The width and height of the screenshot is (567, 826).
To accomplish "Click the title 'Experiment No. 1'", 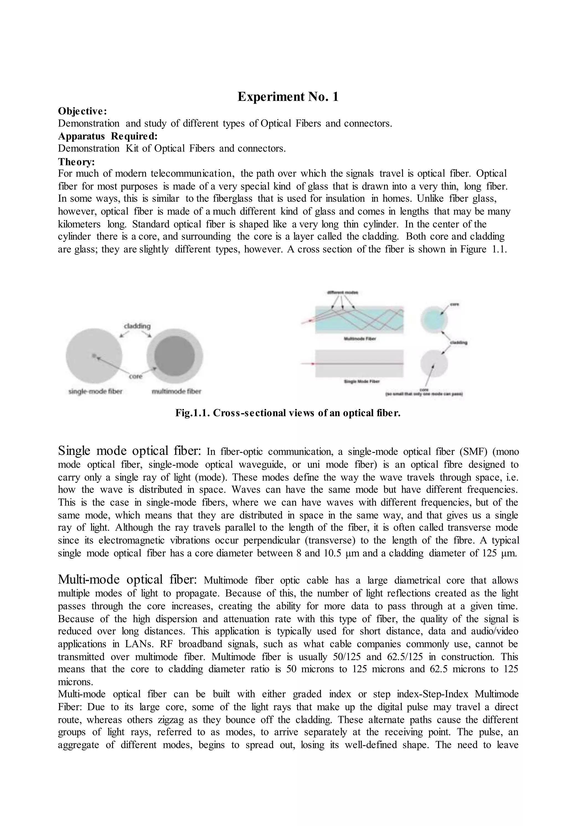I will coord(288,97).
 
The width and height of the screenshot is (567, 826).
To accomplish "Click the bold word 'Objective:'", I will coord(83,111).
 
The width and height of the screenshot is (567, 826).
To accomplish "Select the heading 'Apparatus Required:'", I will coord(108,136).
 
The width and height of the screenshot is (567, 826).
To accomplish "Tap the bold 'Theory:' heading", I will coord(76,162).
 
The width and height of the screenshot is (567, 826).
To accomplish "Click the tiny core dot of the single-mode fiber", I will coord(94,355).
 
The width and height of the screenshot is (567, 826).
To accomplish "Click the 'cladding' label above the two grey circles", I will coord(137,326).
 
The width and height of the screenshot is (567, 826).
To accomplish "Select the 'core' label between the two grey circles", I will coord(135,376).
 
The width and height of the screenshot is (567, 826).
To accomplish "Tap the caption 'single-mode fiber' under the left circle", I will coord(95,392).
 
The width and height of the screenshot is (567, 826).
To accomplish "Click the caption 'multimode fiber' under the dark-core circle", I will coord(177,392).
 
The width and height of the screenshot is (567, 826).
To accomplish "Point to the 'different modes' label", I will coord(342,293).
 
